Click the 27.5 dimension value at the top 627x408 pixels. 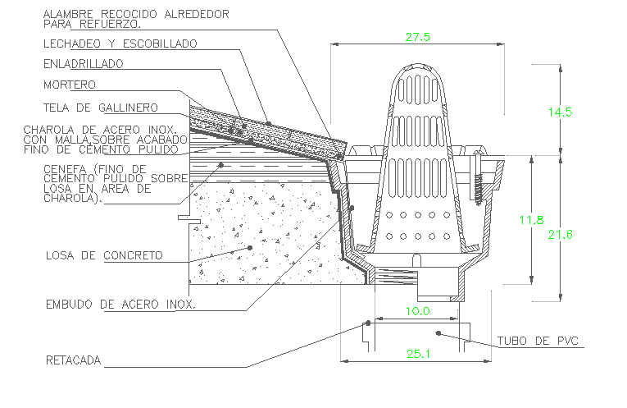pyautogui.click(x=416, y=36)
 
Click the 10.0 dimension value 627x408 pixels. pyautogui.click(x=418, y=311)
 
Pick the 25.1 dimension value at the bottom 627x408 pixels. pyautogui.click(x=418, y=353)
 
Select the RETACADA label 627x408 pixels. pyautogui.click(x=74, y=360)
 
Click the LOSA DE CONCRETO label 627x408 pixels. pyautogui.click(x=104, y=255)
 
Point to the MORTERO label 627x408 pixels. pyautogui.click(x=70, y=85)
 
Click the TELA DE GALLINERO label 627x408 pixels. pyautogui.click(x=100, y=108)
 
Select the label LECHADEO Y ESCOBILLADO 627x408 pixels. pyautogui.click(x=120, y=43)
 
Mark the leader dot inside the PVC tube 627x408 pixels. pyautogui.click(x=438, y=332)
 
